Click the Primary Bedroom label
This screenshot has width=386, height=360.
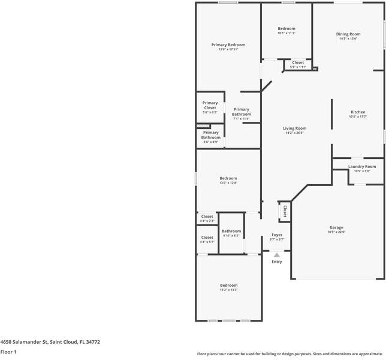coord(228,45)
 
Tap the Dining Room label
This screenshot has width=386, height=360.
coord(348,34)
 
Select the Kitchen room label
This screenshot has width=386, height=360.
coord(358,112)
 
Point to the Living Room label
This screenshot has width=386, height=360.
coord(294,128)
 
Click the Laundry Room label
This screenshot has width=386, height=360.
coord(362,166)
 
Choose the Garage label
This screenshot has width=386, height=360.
coord(336,227)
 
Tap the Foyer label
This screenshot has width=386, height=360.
coord(277,235)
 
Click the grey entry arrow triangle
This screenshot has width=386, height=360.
coord(277,255)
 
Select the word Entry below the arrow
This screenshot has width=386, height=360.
coord(277,262)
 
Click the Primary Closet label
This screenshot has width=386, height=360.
coord(210,105)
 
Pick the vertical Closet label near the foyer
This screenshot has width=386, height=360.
coord(285,211)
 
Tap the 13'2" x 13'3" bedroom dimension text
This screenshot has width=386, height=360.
coord(228,290)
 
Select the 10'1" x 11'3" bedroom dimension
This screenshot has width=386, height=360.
coord(286,33)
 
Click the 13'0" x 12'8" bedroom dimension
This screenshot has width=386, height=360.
coord(228,182)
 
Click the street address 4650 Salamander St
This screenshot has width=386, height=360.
coord(50,342)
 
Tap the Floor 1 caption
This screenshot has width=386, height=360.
coord(8,352)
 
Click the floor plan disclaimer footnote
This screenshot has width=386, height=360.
coord(290,354)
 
